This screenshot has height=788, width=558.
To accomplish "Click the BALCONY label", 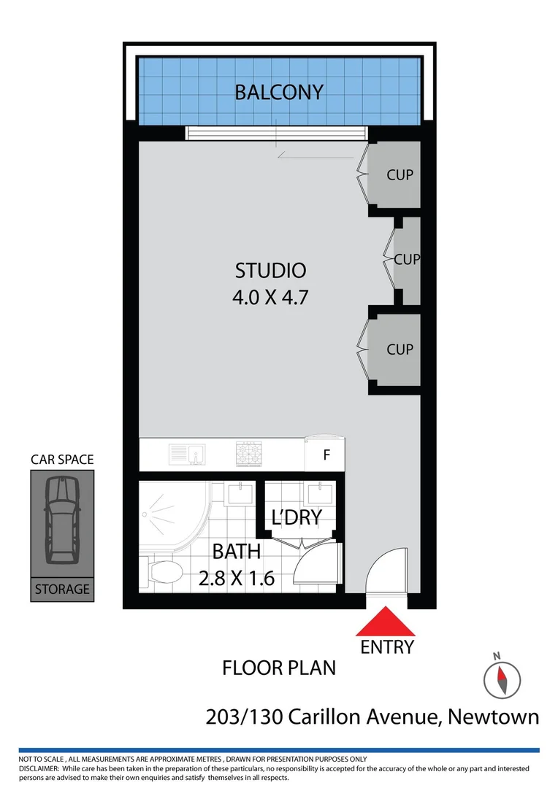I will pos(278,93).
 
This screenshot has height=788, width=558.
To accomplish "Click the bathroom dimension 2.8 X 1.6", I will pos(237,579).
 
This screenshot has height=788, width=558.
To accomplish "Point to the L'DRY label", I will pos(297,519).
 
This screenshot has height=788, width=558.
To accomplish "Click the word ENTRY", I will pos(387,646).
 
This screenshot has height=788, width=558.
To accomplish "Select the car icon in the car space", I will pos(61,519).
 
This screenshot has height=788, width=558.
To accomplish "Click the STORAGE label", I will pos(61,589).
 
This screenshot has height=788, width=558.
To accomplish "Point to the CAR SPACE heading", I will pos(62,460).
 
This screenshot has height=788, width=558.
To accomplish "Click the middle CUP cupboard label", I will pos(407,259).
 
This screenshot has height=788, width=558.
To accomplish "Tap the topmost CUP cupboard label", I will pos(400,175).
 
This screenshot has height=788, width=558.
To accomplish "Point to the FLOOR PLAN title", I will pos(279,668).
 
